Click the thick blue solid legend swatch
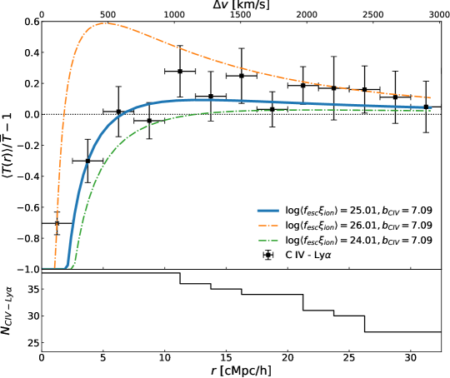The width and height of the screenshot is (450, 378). click(x=267, y=211)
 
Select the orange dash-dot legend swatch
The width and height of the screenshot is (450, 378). click(x=267, y=226)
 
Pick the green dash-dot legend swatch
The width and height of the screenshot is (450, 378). click(x=267, y=241)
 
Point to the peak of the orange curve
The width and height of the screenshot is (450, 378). click(x=104, y=23)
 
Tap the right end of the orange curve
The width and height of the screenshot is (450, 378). click(x=430, y=98)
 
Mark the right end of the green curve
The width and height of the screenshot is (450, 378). click(x=431, y=110)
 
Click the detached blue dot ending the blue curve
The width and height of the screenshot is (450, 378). click(x=430, y=107)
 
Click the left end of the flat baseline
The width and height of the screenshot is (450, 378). click(x=43, y=268)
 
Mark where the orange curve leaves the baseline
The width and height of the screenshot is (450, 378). click(x=54, y=267)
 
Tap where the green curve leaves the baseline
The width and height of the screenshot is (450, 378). click(x=72, y=267)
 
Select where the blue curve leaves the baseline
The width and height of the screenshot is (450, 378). click(x=66, y=267)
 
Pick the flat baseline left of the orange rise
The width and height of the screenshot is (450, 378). click(x=48, y=268)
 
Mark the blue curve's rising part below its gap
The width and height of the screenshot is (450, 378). click(x=75, y=208)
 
